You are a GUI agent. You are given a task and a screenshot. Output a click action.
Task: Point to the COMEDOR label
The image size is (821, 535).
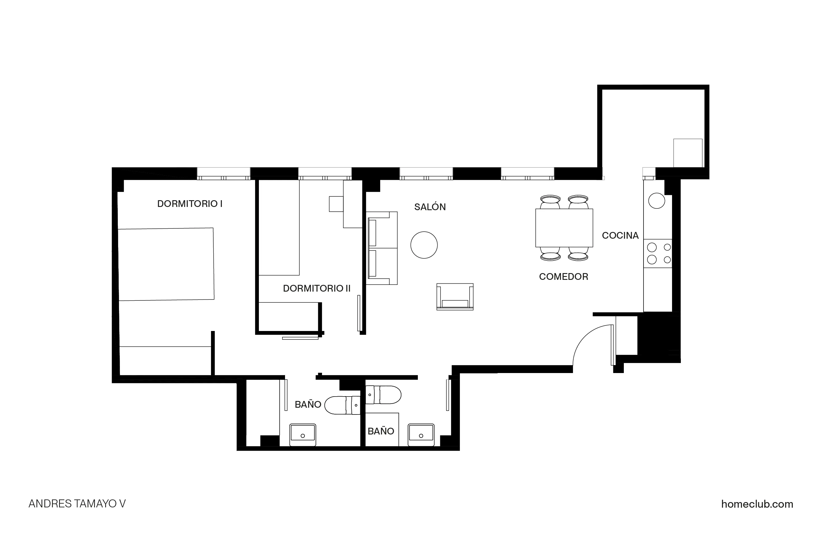pyautogui.click(x=563, y=277)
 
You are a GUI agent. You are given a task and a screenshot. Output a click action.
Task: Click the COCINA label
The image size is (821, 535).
pyautogui.click(x=620, y=235)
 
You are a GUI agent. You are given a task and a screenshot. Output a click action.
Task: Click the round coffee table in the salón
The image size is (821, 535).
pyautogui.click(x=424, y=245)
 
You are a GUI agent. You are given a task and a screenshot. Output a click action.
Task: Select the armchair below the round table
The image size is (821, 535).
pyautogui.click(x=455, y=297)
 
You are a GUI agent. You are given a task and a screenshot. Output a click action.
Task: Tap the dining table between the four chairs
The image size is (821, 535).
pyautogui.click(x=564, y=228)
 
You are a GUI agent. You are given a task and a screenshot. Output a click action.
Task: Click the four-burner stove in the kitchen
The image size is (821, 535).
pyautogui.click(x=658, y=253)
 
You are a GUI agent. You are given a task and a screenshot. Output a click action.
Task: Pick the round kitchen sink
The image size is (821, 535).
pyautogui.click(x=656, y=200)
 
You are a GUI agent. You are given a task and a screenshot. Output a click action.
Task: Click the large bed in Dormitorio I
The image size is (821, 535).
pyautogui.click(x=166, y=264)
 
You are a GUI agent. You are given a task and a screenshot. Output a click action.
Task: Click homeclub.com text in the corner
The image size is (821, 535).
pyautogui.click(x=757, y=504)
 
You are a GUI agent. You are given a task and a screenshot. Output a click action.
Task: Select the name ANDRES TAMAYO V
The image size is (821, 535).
pyautogui.click(x=77, y=504)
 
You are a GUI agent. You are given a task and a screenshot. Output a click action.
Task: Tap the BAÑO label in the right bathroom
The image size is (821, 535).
pyautogui.click(x=381, y=431)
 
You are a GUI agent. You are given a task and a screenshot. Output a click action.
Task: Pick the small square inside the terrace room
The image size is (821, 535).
pyautogui.click(x=688, y=153)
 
